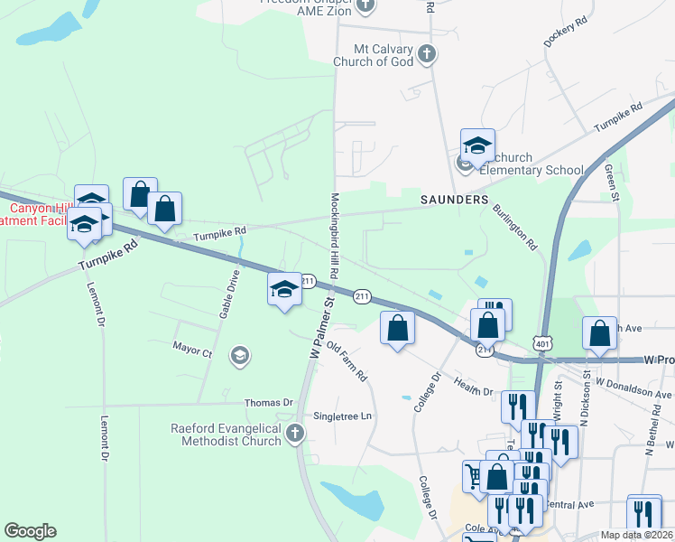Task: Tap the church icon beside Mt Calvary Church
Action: pos(428,55)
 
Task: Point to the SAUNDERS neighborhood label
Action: pos(454,199)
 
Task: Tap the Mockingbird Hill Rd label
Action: pos(333,235)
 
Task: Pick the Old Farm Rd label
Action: pos(347,360)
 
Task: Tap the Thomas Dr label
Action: pos(269,402)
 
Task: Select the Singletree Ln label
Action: pos(342,416)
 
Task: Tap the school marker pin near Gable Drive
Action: pos(284,290)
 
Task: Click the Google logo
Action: pos(30,531)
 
